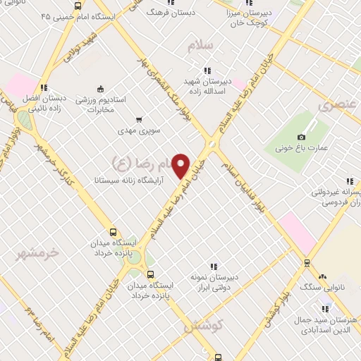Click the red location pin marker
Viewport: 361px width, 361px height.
[182, 165]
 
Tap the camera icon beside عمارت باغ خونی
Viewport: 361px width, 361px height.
[302, 136]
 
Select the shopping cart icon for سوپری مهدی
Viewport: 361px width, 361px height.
[140, 119]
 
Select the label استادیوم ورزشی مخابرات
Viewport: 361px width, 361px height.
[100, 104]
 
